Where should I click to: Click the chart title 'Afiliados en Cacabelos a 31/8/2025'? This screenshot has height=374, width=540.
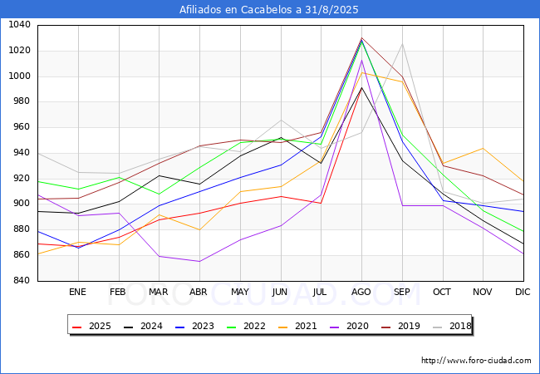[270, 10]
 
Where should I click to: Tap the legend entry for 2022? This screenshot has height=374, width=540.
[248, 326]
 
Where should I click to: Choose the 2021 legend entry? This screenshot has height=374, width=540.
[299, 326]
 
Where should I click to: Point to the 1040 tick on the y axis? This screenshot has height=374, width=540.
[19, 25]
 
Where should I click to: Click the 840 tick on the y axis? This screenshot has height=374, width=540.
[22, 281]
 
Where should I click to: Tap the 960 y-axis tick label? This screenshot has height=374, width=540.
[22, 127]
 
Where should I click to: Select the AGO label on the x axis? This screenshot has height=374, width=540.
[361, 293]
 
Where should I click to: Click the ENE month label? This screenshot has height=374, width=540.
[77, 293]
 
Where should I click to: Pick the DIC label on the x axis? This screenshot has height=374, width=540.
[523, 293]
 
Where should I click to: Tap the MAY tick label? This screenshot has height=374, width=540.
[239, 293]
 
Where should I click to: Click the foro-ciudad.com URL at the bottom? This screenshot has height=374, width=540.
[476, 361]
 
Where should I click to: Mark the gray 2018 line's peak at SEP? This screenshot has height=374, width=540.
[401, 44]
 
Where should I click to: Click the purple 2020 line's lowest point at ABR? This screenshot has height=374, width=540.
[199, 262]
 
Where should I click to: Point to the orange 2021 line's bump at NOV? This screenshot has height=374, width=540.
[483, 148]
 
